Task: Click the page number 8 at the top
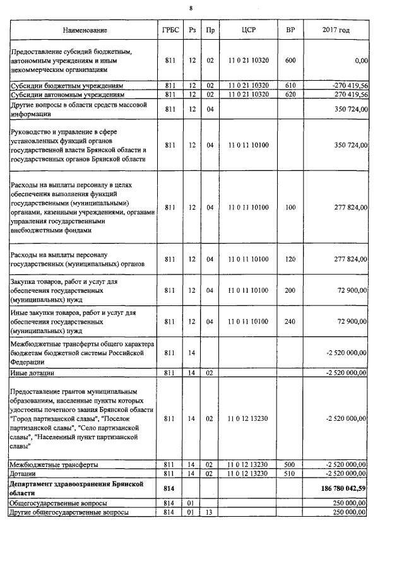[201, 9]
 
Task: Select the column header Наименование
[85, 30]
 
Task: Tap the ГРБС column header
[169, 30]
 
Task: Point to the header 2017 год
[336, 30]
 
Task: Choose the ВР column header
[290, 30]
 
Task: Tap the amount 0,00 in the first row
[361, 61]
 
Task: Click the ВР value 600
[290, 61]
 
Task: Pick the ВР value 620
[290, 94]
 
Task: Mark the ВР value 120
[290, 259]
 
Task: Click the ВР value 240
[290, 321]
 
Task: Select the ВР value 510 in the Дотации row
[290, 473]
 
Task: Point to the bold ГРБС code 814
[169, 488]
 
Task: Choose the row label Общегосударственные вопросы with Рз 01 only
[57, 503]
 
